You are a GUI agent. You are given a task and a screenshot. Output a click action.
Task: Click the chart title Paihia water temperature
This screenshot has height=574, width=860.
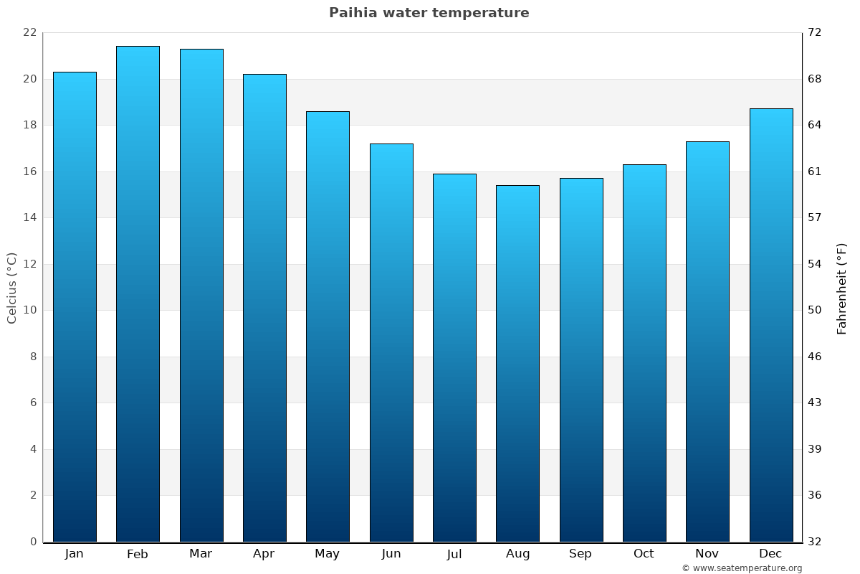click(429, 13)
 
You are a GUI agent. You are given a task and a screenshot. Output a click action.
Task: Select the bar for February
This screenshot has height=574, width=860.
click(138, 294)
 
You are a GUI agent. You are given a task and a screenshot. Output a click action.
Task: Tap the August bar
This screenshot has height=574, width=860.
click(517, 363)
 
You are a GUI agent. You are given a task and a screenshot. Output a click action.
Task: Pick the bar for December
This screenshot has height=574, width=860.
click(771, 325)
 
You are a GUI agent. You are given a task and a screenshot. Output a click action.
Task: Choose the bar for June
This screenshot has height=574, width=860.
click(391, 342)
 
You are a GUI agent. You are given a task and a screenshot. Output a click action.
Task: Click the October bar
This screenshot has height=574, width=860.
click(644, 353)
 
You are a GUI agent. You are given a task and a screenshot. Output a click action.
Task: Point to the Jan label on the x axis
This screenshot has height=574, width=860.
click(74, 554)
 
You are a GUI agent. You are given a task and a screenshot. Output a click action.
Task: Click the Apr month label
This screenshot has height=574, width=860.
click(264, 554)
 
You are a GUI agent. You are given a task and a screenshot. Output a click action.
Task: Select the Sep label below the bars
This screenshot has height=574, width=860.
click(580, 554)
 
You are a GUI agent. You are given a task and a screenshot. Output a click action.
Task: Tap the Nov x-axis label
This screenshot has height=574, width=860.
click(707, 554)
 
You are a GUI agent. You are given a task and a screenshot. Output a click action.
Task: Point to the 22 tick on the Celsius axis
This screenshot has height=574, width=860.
click(29, 32)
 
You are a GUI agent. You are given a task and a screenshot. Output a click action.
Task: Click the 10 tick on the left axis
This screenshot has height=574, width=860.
click(29, 310)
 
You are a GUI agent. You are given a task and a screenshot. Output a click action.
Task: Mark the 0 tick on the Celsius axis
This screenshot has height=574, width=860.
click(33, 542)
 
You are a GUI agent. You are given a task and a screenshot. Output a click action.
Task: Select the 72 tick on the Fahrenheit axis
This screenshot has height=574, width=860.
click(816, 32)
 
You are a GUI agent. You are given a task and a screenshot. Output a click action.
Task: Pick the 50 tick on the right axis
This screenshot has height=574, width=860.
click(816, 310)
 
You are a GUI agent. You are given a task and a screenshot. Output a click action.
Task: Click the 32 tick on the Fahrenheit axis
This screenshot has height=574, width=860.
click(816, 542)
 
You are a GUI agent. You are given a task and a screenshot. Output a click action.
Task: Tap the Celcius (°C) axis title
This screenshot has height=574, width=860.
click(12, 287)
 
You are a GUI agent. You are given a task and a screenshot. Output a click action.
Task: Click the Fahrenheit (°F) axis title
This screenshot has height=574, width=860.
click(841, 288)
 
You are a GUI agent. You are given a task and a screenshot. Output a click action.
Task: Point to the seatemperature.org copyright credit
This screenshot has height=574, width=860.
click(742, 568)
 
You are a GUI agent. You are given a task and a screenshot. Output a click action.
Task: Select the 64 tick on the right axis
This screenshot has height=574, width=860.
click(816, 125)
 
